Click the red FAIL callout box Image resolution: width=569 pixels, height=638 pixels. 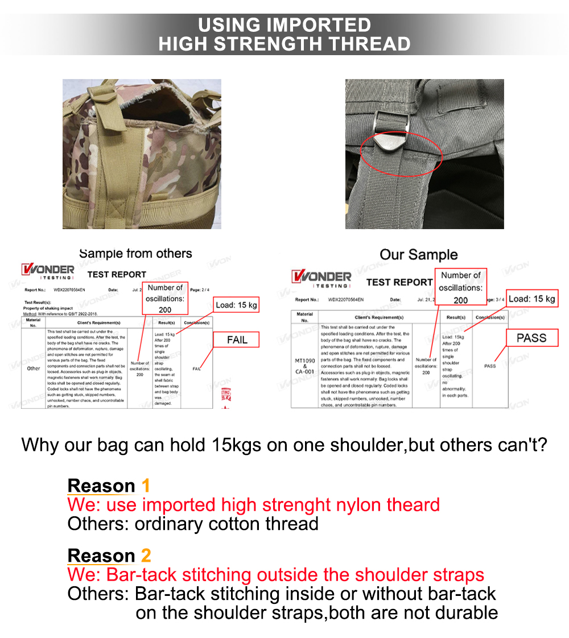[237, 339]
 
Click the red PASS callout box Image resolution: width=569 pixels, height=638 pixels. [531, 338]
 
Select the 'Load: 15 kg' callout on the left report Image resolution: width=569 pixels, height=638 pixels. [236, 305]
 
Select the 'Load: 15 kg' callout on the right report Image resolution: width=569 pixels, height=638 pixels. [531, 299]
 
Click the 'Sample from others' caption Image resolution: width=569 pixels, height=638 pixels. [135, 254]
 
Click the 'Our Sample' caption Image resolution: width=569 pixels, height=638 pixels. [418, 254]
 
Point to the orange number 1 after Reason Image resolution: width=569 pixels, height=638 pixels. [146, 486]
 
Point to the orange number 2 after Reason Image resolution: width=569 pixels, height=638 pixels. [146, 556]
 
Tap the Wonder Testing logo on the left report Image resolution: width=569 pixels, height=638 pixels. [48, 271]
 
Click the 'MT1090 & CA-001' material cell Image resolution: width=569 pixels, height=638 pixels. [304, 366]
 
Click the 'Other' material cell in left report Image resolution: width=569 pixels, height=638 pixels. [34, 368]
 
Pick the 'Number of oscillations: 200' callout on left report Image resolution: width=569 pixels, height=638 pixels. [165, 299]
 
